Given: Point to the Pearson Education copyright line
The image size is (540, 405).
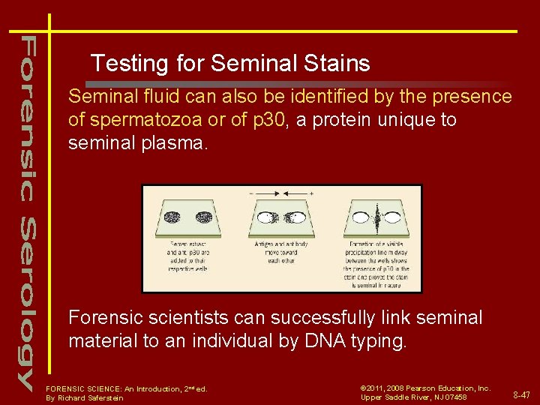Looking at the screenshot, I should pos(425,388).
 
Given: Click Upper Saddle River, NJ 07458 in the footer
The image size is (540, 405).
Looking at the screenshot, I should pos(413,397).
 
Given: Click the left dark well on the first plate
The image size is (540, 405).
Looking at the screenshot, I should pos(167,218).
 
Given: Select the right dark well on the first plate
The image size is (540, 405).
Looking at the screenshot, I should pos(203,218).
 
